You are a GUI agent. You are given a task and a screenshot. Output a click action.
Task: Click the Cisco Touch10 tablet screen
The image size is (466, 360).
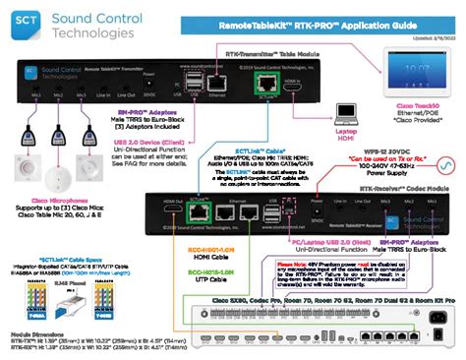click(x=421, y=73)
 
